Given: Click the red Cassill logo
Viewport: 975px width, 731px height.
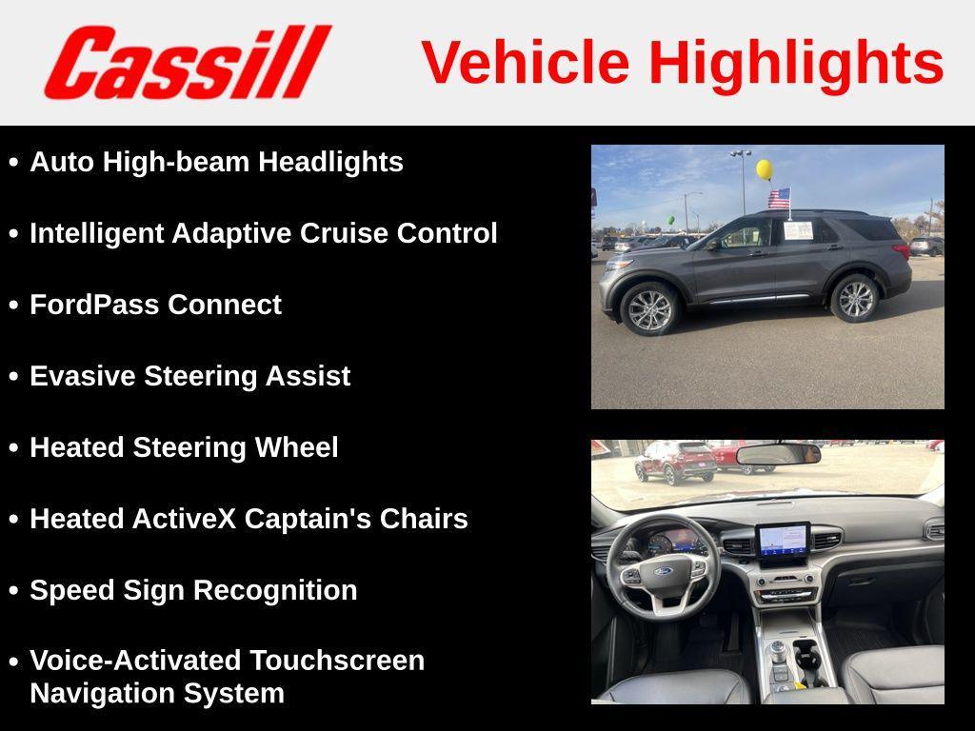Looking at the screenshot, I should tap(187, 62).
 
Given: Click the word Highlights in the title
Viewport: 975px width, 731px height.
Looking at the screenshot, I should tap(796, 63).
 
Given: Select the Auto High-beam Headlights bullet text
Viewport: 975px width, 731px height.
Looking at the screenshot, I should tap(216, 162).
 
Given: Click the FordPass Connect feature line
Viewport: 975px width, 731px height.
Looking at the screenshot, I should tap(155, 305).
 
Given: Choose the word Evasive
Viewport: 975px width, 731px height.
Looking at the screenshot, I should tap(83, 376).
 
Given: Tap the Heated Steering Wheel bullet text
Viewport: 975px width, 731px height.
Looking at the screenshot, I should tap(184, 447).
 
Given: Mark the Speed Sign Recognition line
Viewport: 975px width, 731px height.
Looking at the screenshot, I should tap(193, 590).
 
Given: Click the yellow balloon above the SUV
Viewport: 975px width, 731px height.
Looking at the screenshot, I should tap(764, 169).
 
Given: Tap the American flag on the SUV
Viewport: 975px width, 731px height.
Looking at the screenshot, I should tap(779, 198).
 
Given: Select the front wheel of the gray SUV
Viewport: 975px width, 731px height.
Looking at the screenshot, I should tap(650, 308).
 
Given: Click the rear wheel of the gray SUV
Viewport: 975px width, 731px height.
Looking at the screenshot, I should tap(854, 298).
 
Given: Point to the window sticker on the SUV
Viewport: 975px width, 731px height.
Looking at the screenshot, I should tap(798, 230).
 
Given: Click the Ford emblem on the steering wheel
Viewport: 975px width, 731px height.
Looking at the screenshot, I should tap(663, 572).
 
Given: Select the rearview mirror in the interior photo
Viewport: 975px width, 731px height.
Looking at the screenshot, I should tap(778, 454).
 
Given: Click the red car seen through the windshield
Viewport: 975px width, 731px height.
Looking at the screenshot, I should tap(676, 461).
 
